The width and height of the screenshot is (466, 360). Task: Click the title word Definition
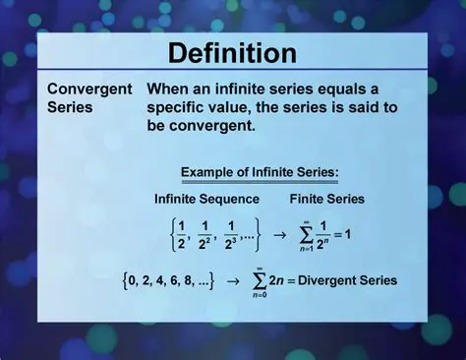pos(232,52)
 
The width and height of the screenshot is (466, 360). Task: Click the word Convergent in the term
pos(89,89)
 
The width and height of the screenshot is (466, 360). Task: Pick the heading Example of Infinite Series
pos(260,173)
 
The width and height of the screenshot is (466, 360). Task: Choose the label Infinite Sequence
pos(206,199)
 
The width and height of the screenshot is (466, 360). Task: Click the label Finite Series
pos(328,199)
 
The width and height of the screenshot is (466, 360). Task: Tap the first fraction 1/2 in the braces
pos(180,235)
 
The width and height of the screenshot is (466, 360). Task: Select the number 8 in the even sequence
pos(202,280)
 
